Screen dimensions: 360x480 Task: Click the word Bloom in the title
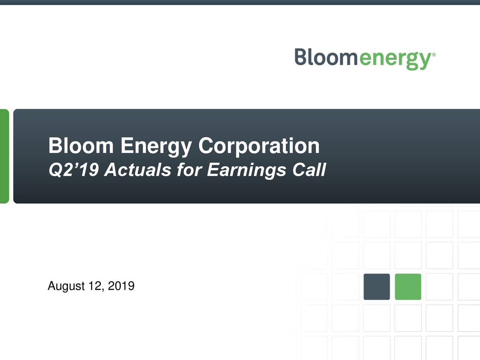[x=81, y=145]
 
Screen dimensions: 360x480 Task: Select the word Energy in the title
[x=156, y=146]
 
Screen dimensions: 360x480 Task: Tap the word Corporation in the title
[x=259, y=146]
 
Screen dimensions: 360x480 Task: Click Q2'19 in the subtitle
[x=73, y=170]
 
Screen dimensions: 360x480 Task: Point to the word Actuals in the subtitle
[x=138, y=170]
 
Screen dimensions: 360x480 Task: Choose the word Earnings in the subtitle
[x=247, y=171]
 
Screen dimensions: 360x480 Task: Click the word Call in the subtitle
[x=309, y=170]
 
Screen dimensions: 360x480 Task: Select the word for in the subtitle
[x=189, y=170]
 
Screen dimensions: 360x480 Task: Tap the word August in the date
[x=66, y=286]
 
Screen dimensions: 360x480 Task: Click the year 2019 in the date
[x=121, y=286]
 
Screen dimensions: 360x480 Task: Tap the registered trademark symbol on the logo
[x=434, y=55]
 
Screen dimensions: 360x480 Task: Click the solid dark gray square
[x=376, y=287]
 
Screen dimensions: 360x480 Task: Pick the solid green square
[x=408, y=287]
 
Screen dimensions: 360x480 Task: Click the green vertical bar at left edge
[x=4, y=156]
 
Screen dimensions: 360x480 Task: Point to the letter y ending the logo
[x=425, y=61]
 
